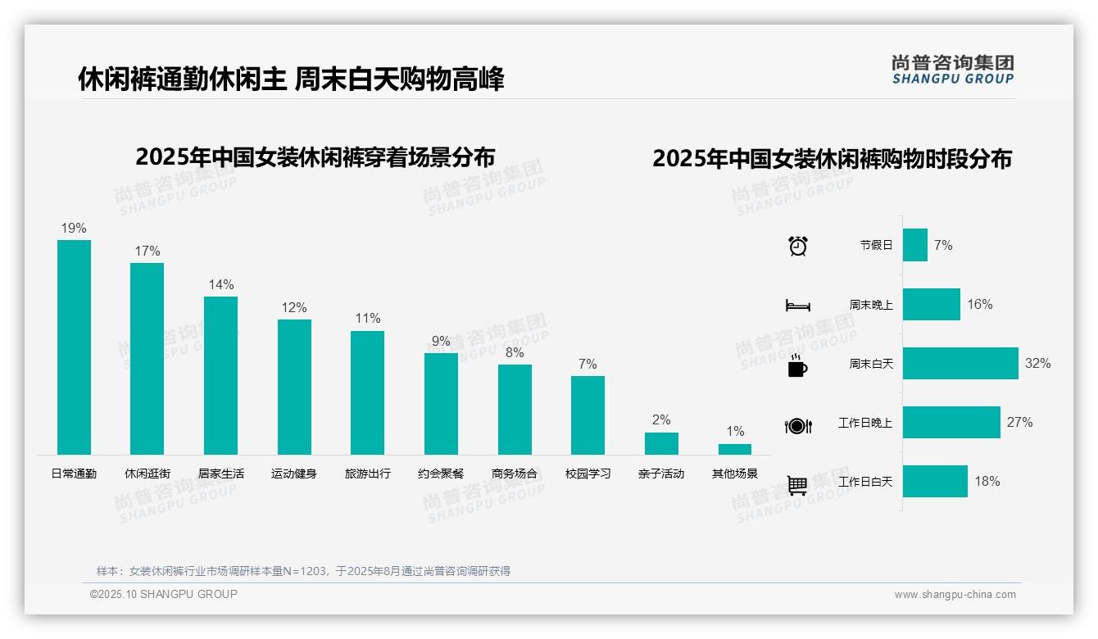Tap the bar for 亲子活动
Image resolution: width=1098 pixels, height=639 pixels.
pyautogui.click(x=661, y=443)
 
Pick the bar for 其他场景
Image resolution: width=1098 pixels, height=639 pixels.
pyautogui.click(x=735, y=449)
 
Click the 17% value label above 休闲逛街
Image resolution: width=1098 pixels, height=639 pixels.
pyautogui.click(x=147, y=252)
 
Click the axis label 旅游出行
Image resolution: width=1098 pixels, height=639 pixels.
pyautogui.click(x=367, y=474)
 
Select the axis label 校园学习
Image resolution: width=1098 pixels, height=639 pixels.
pyautogui.click(x=588, y=474)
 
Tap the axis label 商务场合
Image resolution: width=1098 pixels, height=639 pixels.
pyautogui.click(x=515, y=474)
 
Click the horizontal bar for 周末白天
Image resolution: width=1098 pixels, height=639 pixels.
pyautogui.click(x=960, y=363)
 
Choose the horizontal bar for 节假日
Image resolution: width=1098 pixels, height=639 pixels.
pyautogui.click(x=915, y=245)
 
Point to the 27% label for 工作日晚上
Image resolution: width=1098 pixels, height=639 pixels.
pyautogui.click(x=1020, y=423)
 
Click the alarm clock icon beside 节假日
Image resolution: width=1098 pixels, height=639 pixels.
pyautogui.click(x=798, y=246)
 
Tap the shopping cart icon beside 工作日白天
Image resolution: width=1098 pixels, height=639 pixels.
pyautogui.click(x=797, y=485)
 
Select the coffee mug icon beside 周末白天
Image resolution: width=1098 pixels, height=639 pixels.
pyautogui.click(x=797, y=366)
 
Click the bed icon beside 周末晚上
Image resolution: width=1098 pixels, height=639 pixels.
pyautogui.click(x=797, y=306)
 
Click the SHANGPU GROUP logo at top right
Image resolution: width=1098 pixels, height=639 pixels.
pyautogui.click(x=953, y=70)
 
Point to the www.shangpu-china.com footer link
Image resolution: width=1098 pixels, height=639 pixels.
pyautogui.click(x=955, y=595)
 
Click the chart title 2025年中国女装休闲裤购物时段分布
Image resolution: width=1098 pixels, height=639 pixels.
pyautogui.click(x=832, y=159)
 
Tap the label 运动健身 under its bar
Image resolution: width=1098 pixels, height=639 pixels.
pyautogui.click(x=294, y=474)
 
